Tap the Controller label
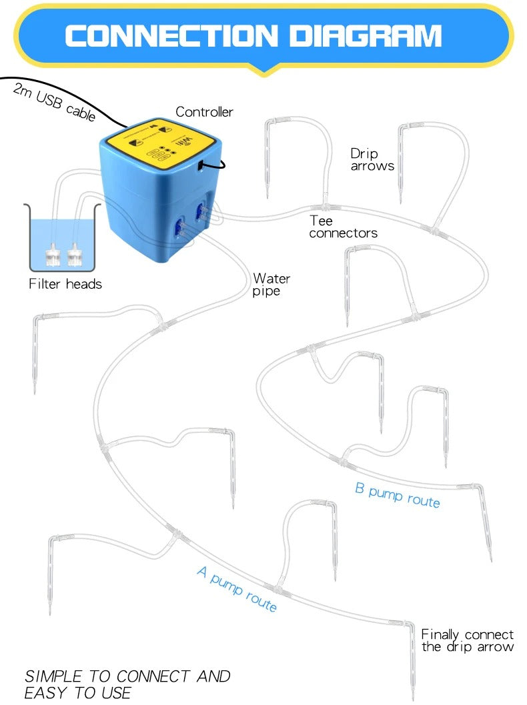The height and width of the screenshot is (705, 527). click(x=204, y=112)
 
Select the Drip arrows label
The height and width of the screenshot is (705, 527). click(x=372, y=160)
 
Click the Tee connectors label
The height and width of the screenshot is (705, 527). click(x=343, y=227)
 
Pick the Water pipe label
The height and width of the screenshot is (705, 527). click(x=272, y=285)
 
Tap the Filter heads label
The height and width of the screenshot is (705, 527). click(x=65, y=284)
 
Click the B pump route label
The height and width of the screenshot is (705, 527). click(x=398, y=496)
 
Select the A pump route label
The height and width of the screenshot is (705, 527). click(x=237, y=589)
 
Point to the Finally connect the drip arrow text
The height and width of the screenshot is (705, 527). click(x=467, y=640)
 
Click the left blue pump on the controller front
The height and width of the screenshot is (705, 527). click(x=179, y=227)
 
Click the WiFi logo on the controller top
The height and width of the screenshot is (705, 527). click(x=184, y=142)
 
